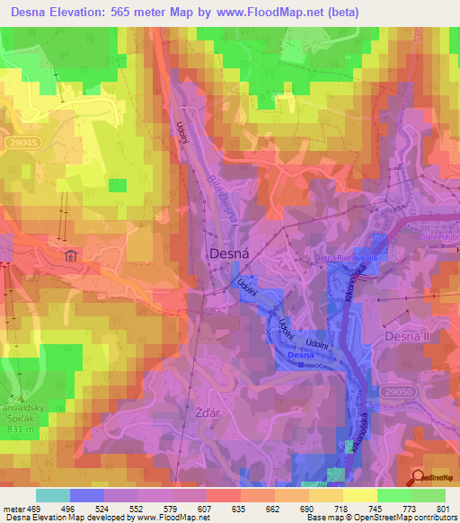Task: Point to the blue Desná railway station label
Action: tap(300, 357)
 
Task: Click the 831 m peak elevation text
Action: tap(19, 417)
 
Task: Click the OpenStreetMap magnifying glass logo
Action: tap(419, 478)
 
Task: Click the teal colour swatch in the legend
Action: tap(52, 495)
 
